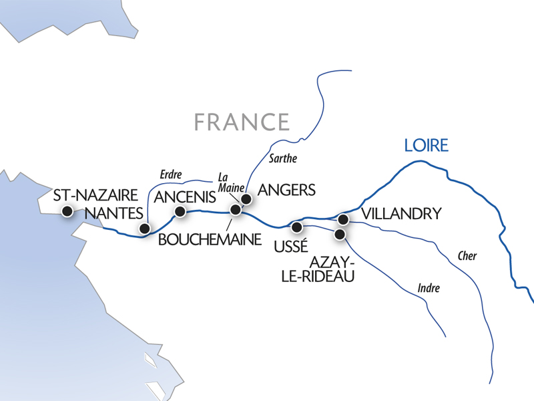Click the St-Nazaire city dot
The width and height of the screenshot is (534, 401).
[x=67, y=212]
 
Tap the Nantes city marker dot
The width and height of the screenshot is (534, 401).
[x=144, y=229]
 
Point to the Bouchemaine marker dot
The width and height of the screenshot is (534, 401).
[x=235, y=210]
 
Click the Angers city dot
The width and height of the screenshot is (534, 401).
[x=246, y=199]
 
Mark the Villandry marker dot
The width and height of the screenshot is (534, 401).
[x=343, y=219]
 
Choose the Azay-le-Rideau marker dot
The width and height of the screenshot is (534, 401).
[x=340, y=235]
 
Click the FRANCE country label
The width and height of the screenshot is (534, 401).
[x=242, y=122]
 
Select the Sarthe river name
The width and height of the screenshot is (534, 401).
[x=284, y=159]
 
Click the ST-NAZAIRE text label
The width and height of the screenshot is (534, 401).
[x=96, y=196]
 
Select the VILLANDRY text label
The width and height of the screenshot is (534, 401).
[x=401, y=214]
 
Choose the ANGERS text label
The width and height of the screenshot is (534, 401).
[x=286, y=190]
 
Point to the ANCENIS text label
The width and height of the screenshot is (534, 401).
[x=186, y=197]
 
